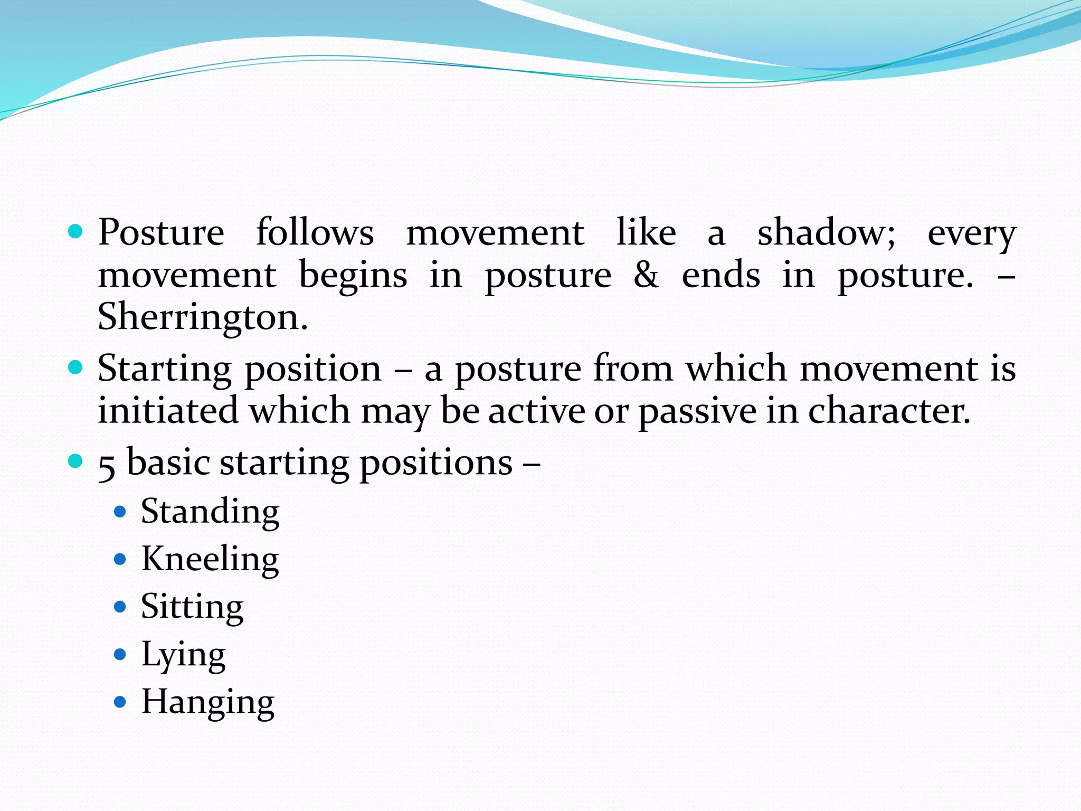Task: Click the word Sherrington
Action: click(202, 317)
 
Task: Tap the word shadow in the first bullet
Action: click(826, 233)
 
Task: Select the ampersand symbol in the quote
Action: click(646, 275)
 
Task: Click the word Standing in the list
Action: click(210, 512)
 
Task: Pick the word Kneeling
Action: click(210, 559)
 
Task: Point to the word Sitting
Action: click(192, 607)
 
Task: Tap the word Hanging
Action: click(207, 702)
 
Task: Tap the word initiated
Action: click(168, 411)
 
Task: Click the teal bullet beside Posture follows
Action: click(76, 231)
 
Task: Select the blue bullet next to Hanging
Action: click(120, 702)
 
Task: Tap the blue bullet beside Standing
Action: click(120, 512)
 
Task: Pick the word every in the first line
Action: click(971, 234)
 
